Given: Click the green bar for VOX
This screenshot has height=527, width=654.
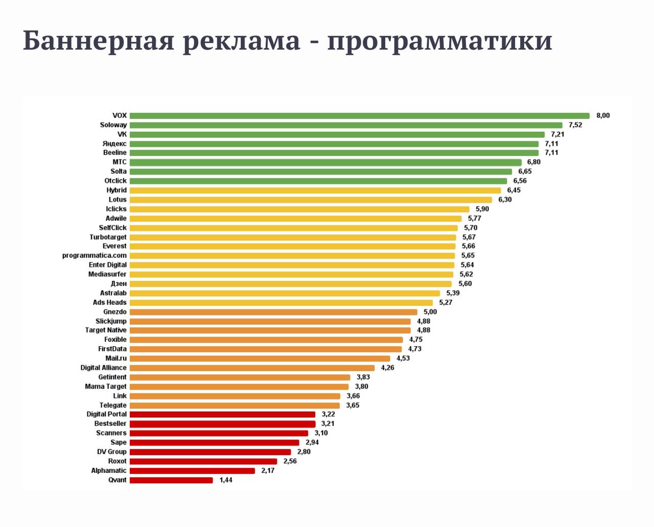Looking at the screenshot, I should click(359, 116).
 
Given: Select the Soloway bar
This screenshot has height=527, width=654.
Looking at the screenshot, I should click(346, 125).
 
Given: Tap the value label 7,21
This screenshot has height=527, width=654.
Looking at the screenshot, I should click(557, 134).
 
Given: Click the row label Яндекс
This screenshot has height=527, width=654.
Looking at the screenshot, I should click(114, 144).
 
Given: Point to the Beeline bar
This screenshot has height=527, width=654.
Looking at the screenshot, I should click(334, 153).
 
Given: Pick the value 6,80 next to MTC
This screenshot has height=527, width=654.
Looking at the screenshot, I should click(533, 162).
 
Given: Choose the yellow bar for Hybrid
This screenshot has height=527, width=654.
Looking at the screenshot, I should click(315, 190).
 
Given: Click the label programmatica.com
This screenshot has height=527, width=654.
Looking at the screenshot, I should click(95, 255).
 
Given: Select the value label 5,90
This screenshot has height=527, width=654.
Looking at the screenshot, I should click(482, 209).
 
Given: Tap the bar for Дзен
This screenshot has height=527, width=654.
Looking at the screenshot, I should click(291, 284).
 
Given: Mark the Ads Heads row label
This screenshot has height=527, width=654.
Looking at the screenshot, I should click(109, 302).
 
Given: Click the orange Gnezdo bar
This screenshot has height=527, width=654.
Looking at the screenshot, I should click(273, 312).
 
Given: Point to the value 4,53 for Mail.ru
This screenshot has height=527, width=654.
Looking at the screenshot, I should click(403, 358).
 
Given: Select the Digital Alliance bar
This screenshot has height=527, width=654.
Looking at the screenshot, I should click(252, 368).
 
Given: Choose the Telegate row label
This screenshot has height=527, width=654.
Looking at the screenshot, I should click(113, 405).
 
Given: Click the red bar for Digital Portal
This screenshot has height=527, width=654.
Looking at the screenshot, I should click(222, 414).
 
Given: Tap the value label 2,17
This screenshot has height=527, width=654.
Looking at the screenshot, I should click(268, 470).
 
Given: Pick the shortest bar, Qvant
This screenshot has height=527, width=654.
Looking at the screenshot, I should click(171, 480).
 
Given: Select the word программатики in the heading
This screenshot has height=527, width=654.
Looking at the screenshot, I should click(439, 40).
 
